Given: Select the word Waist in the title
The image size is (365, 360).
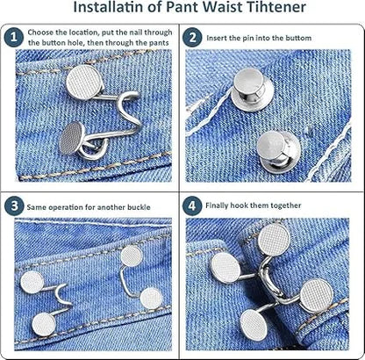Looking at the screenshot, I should pos(211,9).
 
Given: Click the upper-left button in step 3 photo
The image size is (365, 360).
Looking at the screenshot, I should pos(33,282).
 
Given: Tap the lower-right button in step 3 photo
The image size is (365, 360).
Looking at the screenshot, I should pos(151,299).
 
